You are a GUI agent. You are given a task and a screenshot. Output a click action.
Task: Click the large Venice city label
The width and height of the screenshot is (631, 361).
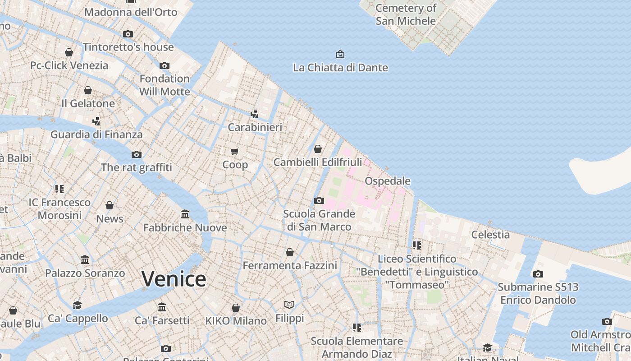tap(174, 278)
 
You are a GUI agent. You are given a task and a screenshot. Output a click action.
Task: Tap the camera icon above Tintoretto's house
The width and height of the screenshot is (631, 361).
tap(128, 34)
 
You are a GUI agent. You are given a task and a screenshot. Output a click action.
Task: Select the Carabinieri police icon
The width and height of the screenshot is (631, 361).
tap(255, 114)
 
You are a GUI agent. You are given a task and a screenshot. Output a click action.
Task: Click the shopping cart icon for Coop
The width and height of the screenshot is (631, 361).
tap(234, 151)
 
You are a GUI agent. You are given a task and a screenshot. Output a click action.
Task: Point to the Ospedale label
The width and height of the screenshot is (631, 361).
tap(388, 181)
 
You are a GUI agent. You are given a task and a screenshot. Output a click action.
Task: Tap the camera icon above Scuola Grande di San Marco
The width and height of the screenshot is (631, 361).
tap(319, 200)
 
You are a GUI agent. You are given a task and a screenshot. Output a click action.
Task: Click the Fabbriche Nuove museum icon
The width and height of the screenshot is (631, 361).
tap(185, 214)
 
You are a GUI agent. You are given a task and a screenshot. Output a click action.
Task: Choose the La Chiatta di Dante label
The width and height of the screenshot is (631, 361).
tap(340, 68)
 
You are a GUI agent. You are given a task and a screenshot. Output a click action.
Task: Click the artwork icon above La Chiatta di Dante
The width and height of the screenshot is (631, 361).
tap(340, 54)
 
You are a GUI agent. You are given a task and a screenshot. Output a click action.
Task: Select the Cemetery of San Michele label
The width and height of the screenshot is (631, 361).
tap(406, 14)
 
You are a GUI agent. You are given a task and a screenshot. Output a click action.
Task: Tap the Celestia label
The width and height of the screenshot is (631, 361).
tap(490, 234)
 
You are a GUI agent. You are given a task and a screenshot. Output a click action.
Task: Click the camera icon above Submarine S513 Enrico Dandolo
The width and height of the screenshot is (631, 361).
tap(538, 274)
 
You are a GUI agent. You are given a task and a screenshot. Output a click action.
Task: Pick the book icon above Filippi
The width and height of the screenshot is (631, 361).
tap(289, 305)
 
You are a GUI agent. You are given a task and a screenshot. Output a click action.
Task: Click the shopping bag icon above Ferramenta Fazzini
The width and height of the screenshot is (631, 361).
tap(290, 252)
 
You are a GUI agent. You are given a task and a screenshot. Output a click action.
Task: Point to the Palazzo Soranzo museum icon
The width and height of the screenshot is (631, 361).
tap(85, 259)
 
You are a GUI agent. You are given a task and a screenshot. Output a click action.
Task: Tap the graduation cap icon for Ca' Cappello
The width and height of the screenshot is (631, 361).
tap(78, 305)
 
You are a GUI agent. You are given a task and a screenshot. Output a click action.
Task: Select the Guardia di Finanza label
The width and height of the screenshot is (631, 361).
tap(96, 134)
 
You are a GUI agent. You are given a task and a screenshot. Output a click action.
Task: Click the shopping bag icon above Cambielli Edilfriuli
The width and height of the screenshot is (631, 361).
tap(318, 148)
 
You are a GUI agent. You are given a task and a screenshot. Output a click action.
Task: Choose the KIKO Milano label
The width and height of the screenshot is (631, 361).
tap(236, 321)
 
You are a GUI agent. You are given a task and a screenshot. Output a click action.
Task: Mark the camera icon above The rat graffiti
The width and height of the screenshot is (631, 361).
tap(137, 154)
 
